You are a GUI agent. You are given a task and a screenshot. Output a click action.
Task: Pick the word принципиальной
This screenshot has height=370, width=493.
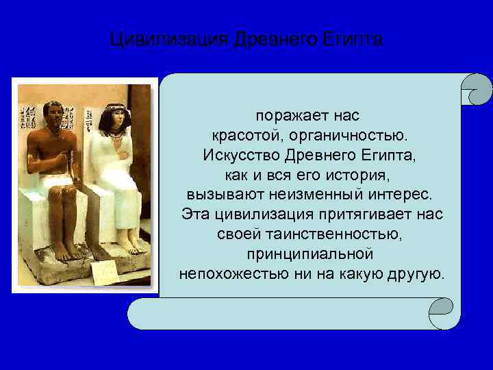[310, 254]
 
